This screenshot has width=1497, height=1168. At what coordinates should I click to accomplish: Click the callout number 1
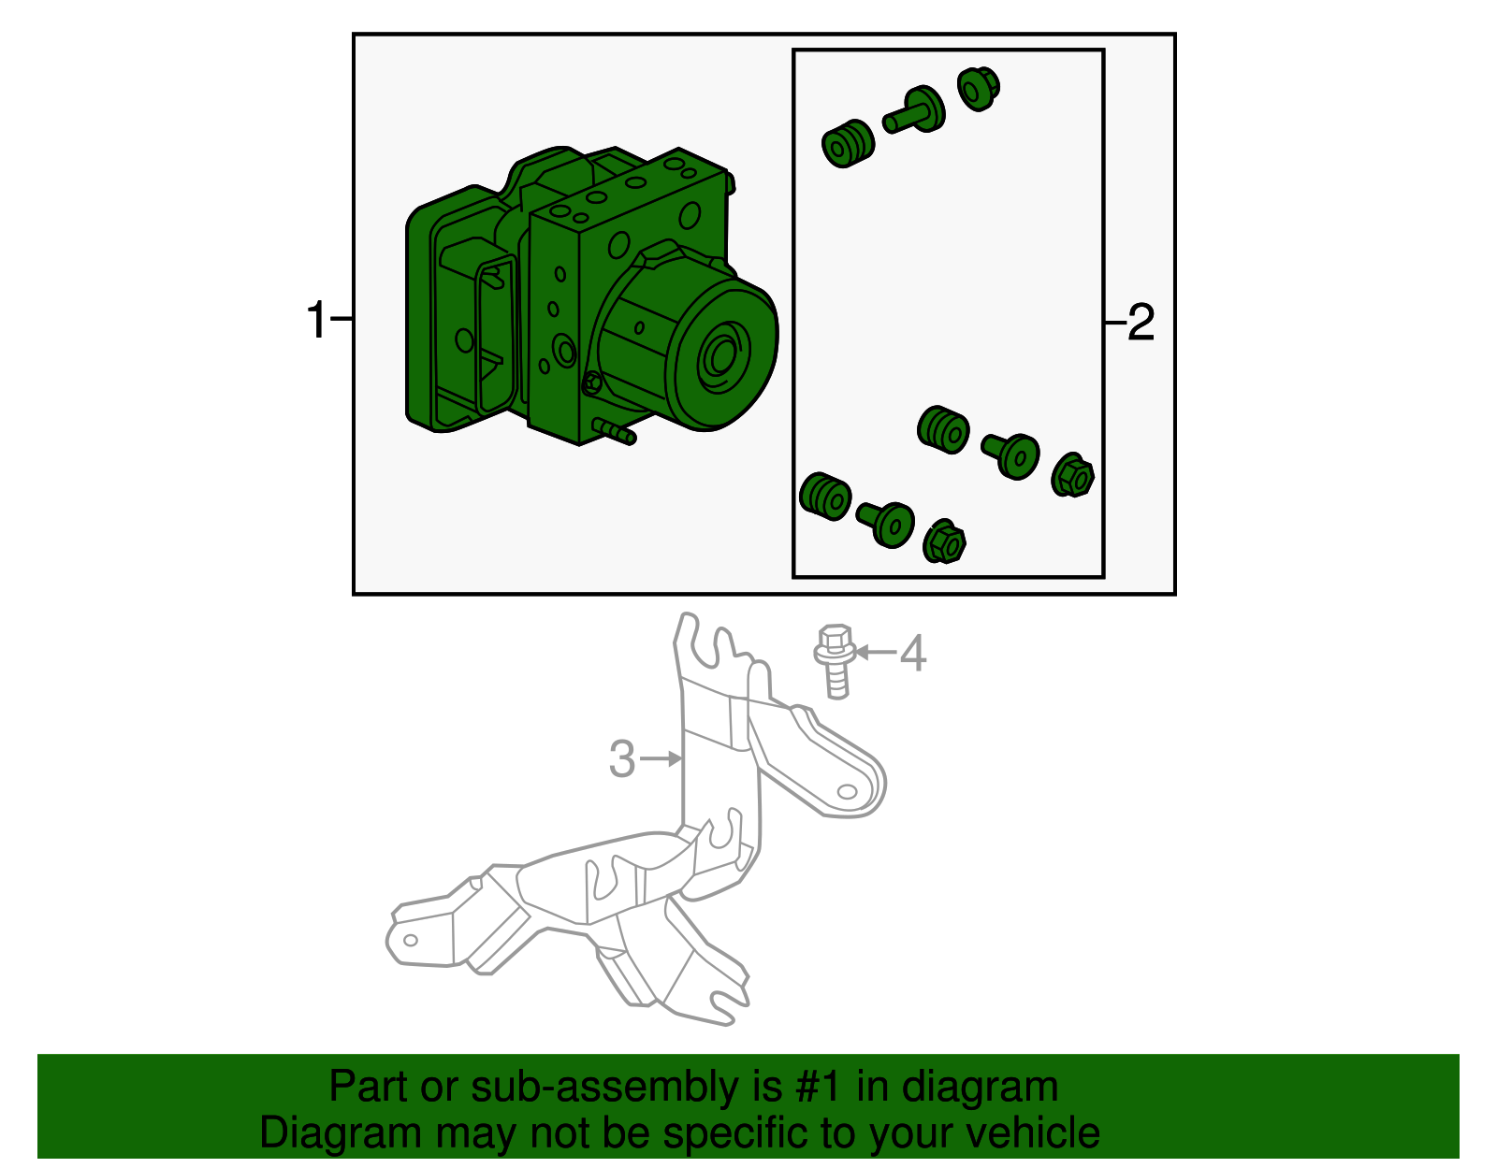point(316,320)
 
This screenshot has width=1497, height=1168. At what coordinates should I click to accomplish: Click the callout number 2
point(1141,322)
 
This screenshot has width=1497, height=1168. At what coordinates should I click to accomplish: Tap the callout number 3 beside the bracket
point(622,759)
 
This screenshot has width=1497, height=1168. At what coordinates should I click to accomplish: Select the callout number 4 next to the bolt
point(913,653)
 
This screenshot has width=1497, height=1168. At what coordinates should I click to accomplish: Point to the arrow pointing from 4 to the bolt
point(875,652)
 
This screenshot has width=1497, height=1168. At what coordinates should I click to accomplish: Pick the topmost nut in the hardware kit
point(979,88)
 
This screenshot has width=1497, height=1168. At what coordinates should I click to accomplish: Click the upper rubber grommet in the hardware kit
point(848,144)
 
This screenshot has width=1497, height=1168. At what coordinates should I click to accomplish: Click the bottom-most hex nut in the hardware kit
point(944,541)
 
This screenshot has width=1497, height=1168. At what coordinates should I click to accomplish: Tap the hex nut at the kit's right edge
point(1072,474)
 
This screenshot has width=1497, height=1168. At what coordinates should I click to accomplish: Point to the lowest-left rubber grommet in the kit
point(825,497)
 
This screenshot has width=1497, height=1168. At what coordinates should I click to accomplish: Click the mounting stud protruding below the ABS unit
point(614,431)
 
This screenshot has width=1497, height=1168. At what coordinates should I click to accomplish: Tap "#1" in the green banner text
point(818,1086)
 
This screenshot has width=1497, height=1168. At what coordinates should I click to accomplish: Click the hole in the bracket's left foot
point(410,941)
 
